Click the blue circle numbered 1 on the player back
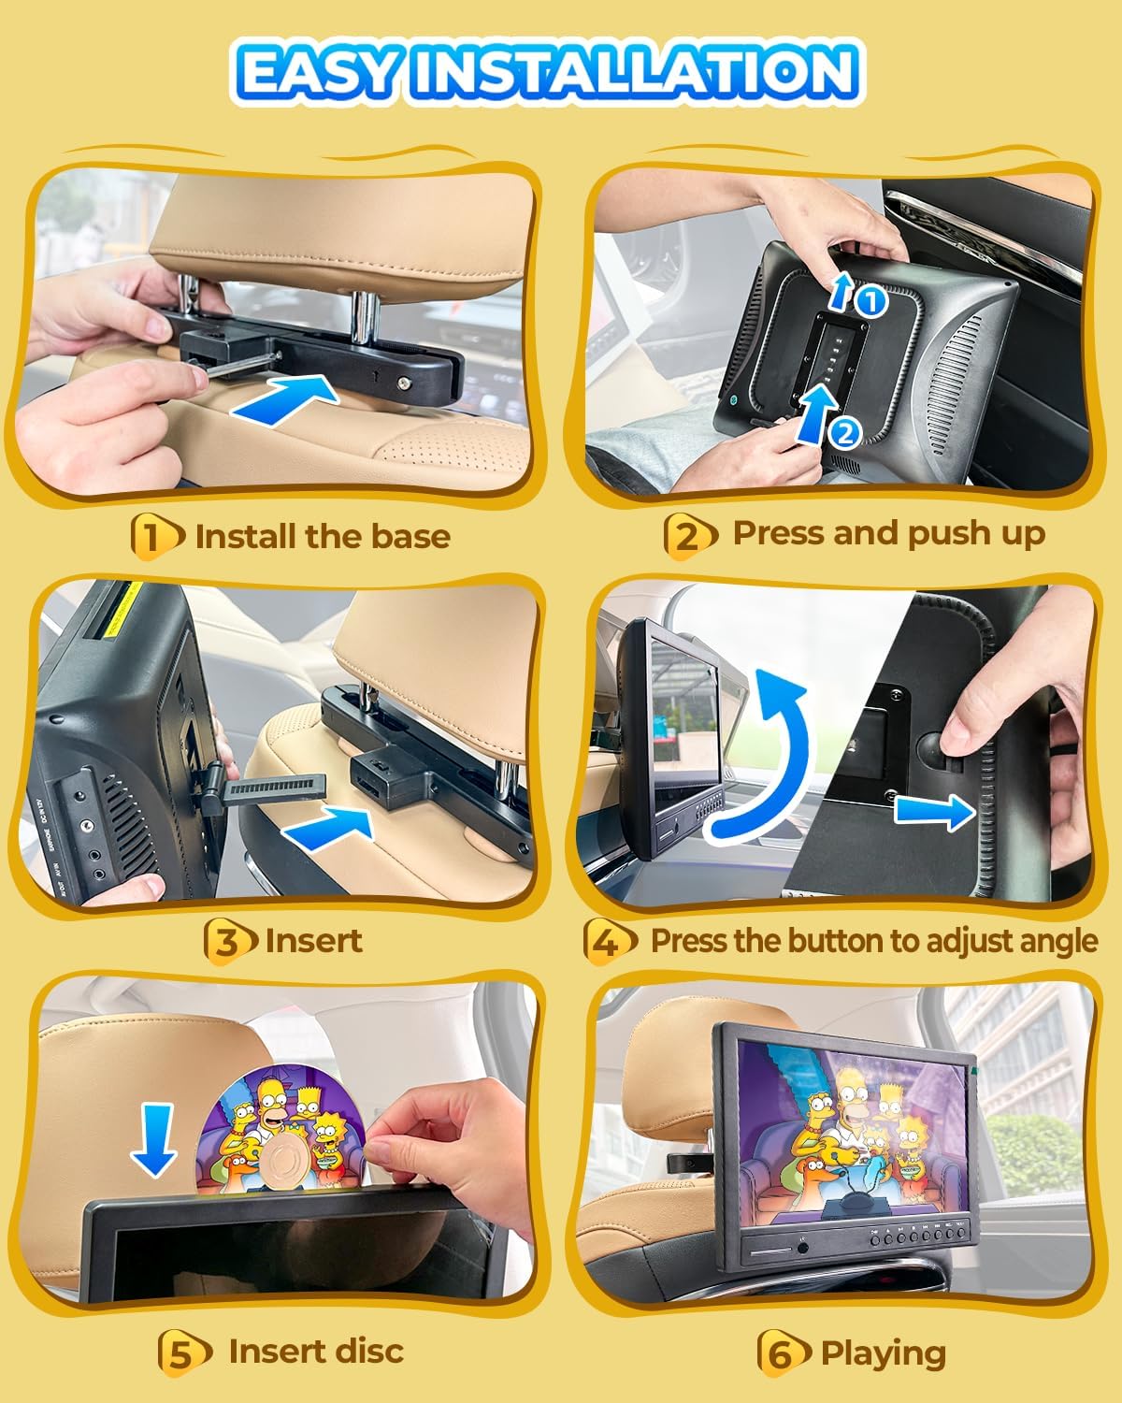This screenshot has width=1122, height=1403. [x=871, y=301]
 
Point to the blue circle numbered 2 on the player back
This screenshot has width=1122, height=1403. [x=845, y=432]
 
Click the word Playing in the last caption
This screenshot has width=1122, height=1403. [x=883, y=1353]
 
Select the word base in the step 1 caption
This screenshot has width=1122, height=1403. [x=410, y=537]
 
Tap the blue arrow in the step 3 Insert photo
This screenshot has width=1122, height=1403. [x=329, y=827]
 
